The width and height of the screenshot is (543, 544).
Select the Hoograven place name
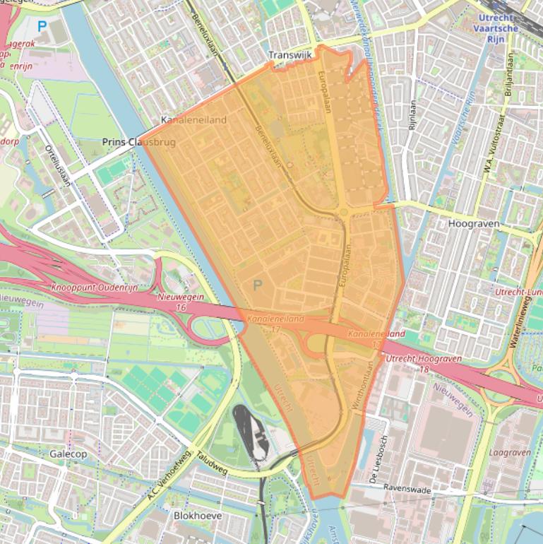(x=474, y=223)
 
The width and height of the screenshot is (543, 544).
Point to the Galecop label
(x=68, y=454)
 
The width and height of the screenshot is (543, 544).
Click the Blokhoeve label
(x=198, y=516)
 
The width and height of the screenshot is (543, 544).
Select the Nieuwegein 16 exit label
(x=181, y=302)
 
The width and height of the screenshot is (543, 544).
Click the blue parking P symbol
(x=42, y=26)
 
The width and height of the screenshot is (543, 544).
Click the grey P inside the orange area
(x=258, y=285)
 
